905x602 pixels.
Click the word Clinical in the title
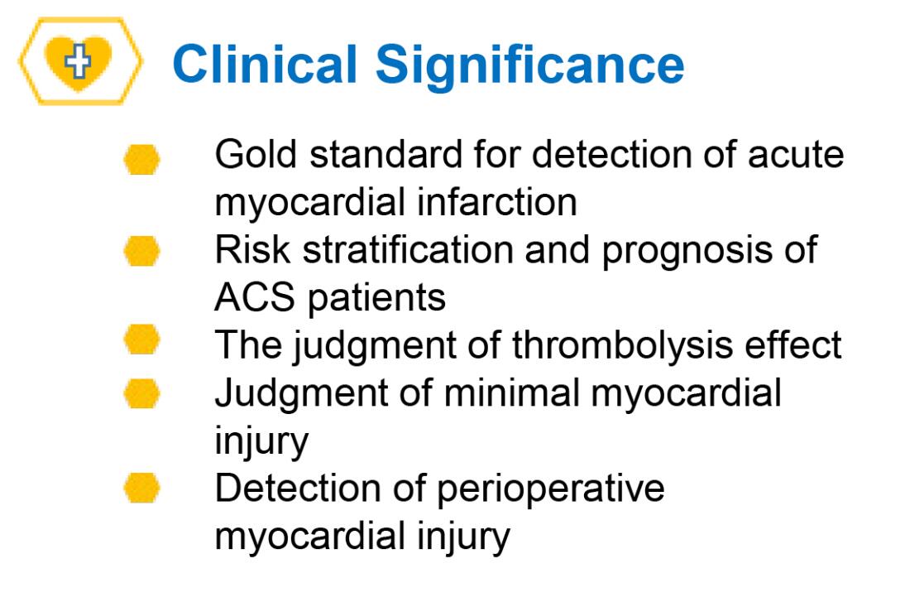coord(265,64)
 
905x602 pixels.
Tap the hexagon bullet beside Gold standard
coord(142,160)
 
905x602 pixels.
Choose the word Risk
coord(252,249)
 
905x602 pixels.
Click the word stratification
coord(408,249)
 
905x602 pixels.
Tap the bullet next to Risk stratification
coord(142,251)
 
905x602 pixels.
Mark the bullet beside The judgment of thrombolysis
coord(142,340)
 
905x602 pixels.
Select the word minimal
coord(511,393)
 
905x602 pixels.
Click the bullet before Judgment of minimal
coord(142,393)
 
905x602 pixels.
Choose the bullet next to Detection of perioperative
coord(142,488)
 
